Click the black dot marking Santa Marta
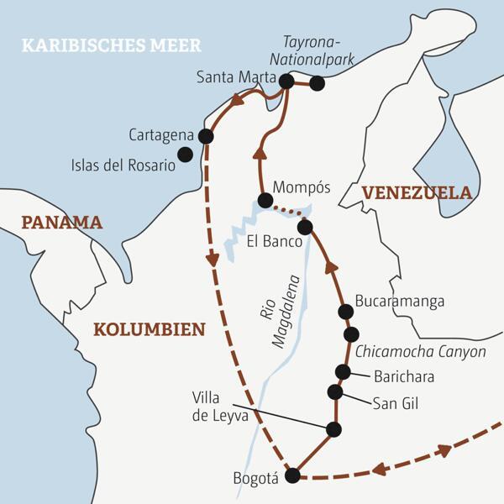tap(286, 81)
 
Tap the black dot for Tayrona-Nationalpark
tap(317, 83)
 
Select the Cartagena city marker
tap(204, 135)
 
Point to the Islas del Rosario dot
tap(185, 155)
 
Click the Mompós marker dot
tap(265, 201)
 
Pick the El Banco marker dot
tap(305, 227)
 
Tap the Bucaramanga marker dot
tap(344, 312)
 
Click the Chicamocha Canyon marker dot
tap(351, 334)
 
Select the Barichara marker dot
tap(342, 371)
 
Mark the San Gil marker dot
tap(335, 392)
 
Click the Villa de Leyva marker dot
tap(333, 429)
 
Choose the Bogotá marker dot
tap(292, 475)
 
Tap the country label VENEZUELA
tap(417, 192)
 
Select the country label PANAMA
tap(61, 223)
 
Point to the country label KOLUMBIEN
tap(149, 328)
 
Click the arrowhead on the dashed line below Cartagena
tap(213, 260)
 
